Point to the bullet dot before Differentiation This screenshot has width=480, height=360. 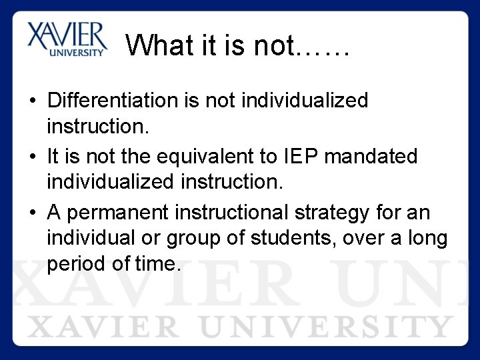[32, 101]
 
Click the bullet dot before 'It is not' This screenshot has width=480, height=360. [32, 157]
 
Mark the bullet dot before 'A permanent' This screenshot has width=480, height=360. [32, 213]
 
